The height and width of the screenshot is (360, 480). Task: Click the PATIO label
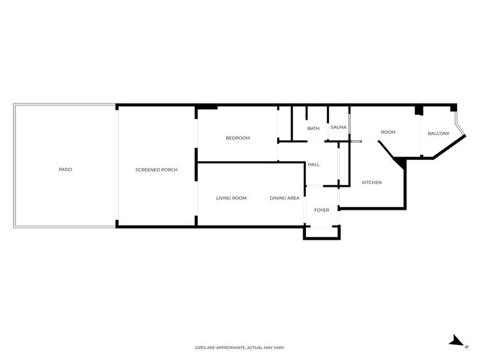pyautogui.click(x=65, y=169)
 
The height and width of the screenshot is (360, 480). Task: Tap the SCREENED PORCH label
pyautogui.click(x=156, y=169)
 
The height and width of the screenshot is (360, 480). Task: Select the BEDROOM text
pyautogui.click(x=238, y=138)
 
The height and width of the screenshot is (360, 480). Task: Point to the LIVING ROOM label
pyautogui.click(x=232, y=198)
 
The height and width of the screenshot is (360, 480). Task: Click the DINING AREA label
pyautogui.click(x=284, y=198)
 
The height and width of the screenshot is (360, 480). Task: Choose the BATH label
pyautogui.click(x=314, y=129)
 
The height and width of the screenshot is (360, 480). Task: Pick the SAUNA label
pyautogui.click(x=339, y=127)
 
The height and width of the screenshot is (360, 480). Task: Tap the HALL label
pyautogui.click(x=314, y=164)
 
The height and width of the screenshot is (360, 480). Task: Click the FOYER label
pyautogui.click(x=322, y=210)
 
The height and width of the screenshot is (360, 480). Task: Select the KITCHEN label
pyautogui.click(x=372, y=183)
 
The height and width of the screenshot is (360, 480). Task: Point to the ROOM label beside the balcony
pyautogui.click(x=388, y=132)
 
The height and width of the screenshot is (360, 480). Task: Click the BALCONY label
pyautogui.click(x=438, y=134)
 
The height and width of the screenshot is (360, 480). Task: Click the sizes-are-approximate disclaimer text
pyautogui.click(x=240, y=347)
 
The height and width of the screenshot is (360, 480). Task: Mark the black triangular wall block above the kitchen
pyautogui.click(x=401, y=163)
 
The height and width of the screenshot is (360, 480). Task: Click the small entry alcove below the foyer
pyautogui.click(x=322, y=233)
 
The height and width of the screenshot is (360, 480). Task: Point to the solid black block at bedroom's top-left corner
pyautogui.click(x=207, y=107)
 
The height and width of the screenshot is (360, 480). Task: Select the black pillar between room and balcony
pyautogui.click(x=419, y=110)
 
